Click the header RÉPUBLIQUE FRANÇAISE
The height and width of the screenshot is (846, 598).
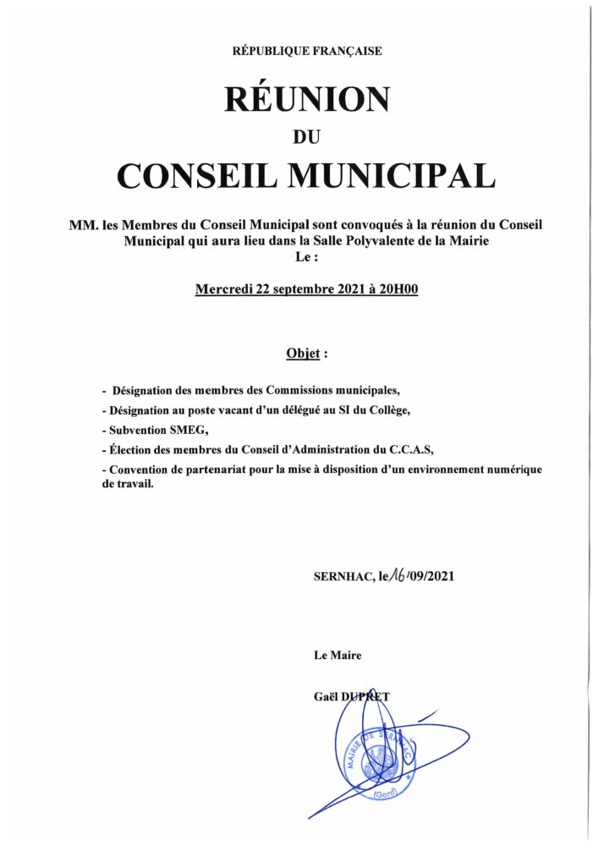(x=307, y=51)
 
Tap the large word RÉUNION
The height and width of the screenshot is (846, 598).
(x=307, y=100)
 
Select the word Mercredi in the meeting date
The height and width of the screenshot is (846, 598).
(x=223, y=289)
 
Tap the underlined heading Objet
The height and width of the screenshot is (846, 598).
(x=303, y=352)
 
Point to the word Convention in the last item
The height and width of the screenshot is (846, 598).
(x=138, y=469)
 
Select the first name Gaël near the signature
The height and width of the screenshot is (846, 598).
(x=325, y=696)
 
